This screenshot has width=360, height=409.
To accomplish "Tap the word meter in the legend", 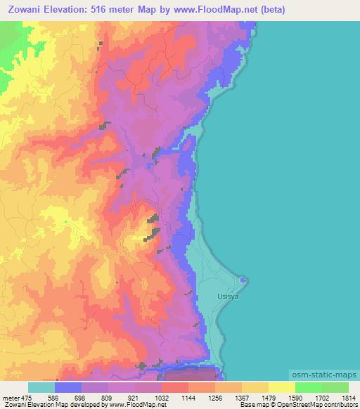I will pos(10,397).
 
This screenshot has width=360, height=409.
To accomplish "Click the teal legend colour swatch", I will pos(41,387).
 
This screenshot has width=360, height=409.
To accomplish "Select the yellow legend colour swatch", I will pos(282,387).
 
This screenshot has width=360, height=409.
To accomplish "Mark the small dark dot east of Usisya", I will pos(243,281).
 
